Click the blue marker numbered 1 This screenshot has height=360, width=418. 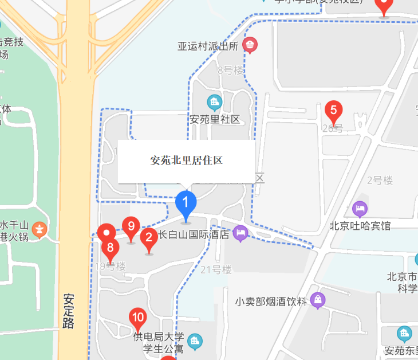(x=186, y=204)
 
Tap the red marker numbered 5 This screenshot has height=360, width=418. (x=333, y=111)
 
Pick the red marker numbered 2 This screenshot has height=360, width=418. (x=149, y=237)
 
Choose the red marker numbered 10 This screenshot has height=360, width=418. (x=137, y=317)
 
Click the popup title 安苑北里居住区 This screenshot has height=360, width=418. (x=186, y=161)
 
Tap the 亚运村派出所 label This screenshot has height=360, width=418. (x=207, y=46)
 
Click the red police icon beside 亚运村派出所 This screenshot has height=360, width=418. (x=250, y=45)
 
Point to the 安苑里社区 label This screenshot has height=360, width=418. (x=214, y=120)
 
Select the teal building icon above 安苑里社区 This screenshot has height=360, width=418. (x=215, y=103)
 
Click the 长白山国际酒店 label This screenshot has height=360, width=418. (x=194, y=234)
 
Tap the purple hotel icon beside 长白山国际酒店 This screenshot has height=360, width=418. (x=240, y=233)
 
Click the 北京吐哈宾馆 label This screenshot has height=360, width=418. (x=360, y=225)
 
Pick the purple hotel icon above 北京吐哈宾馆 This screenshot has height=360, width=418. (x=360, y=208)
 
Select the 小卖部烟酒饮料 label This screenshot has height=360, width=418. (x=271, y=301)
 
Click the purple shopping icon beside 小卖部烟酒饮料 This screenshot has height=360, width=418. (x=318, y=299)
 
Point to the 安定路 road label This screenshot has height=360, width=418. (x=69, y=311)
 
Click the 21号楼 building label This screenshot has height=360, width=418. (x=216, y=269)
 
